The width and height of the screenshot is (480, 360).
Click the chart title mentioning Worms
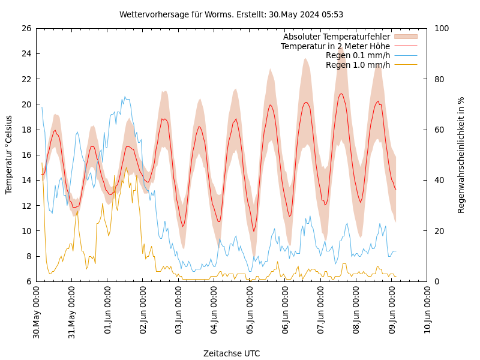point(231,14)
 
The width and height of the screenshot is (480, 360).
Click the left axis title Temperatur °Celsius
point(9,155)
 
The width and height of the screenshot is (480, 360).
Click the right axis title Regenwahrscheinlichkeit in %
point(461,155)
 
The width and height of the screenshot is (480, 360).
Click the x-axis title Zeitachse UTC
point(232,353)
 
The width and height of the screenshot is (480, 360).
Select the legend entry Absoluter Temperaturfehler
point(336,37)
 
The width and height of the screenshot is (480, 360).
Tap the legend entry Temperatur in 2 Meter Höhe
point(335,46)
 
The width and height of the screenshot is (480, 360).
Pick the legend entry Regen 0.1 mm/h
point(358,55)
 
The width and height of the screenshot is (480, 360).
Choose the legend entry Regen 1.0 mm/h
point(358,65)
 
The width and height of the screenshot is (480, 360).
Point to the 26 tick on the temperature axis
point(26,28)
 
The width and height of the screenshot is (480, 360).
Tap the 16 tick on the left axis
point(26,155)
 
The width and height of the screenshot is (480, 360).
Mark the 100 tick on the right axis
point(442,28)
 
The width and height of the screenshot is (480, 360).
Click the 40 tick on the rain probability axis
point(439,180)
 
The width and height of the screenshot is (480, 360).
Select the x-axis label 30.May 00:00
point(36,312)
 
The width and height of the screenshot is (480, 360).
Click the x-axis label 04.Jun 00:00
point(214,312)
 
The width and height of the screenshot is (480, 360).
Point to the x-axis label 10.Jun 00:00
point(427,312)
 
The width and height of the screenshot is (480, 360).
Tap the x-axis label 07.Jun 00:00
point(320,312)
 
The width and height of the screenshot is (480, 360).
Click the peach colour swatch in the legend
point(405,37)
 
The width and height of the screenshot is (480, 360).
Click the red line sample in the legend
point(405,46)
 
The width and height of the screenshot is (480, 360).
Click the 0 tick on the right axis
point(437,281)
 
